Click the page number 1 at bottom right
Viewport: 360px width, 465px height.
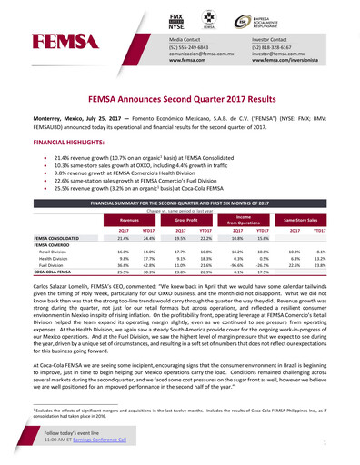[324, 442]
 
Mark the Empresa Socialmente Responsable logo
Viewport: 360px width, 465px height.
[273, 18]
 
